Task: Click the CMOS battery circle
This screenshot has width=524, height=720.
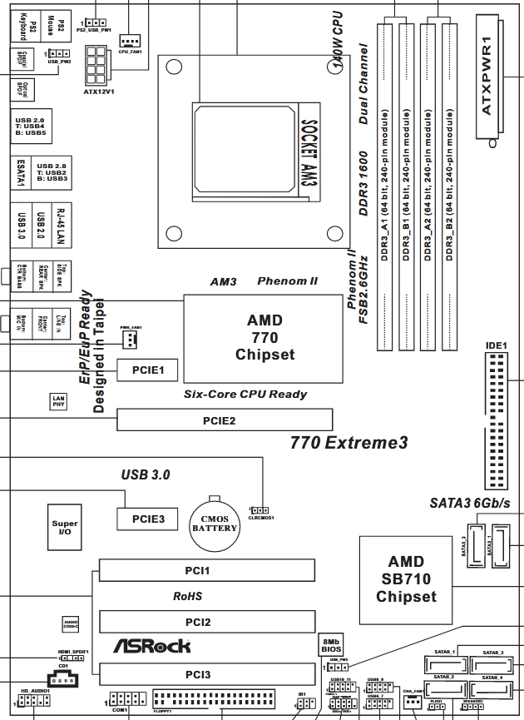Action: [215, 522]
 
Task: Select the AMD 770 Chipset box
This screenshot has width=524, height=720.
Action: [264, 337]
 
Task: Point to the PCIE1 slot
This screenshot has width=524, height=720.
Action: [146, 369]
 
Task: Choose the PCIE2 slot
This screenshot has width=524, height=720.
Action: [225, 420]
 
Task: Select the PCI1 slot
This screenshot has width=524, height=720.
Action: [207, 570]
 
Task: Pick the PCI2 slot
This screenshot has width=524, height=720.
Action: [207, 622]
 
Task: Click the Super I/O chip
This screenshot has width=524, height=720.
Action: [65, 529]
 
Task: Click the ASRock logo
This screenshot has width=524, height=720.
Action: [151, 645]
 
